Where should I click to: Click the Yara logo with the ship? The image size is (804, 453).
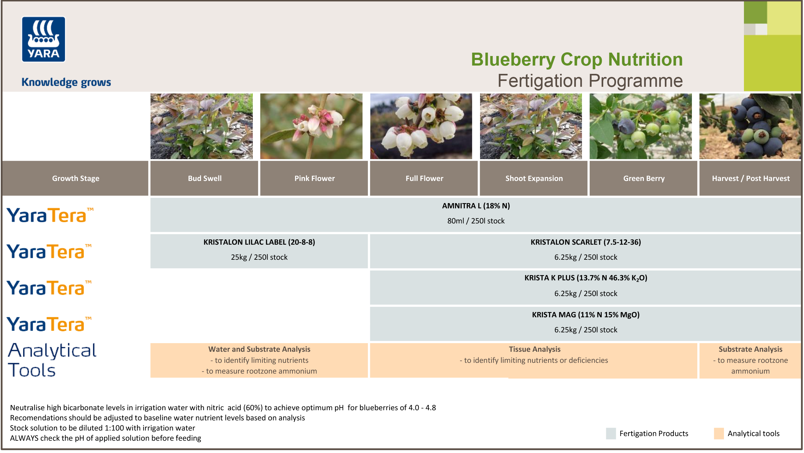43,39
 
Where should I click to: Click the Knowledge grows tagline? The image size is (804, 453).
66,82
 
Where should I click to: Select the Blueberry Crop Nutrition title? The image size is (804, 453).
577,59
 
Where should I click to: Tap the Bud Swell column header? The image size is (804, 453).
205,178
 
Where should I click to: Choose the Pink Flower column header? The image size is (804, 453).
314,178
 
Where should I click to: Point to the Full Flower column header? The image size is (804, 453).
424,178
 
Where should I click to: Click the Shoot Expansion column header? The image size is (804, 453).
534,178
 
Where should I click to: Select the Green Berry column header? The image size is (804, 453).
644,178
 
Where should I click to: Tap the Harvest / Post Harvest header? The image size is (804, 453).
751,178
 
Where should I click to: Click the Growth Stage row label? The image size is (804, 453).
75,178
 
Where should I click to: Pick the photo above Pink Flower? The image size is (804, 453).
311,126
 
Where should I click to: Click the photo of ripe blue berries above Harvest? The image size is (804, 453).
750,126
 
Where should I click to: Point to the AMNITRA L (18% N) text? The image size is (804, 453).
476,206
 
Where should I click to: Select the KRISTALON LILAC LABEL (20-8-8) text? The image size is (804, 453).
259,242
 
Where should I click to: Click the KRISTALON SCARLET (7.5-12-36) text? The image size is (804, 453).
585,242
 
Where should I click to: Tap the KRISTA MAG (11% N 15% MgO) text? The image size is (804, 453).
585,315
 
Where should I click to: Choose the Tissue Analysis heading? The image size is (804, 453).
535,349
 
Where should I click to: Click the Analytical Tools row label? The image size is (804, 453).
52,360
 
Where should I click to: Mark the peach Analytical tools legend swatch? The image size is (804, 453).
719,434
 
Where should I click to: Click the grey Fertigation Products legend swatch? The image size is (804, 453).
611,434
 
